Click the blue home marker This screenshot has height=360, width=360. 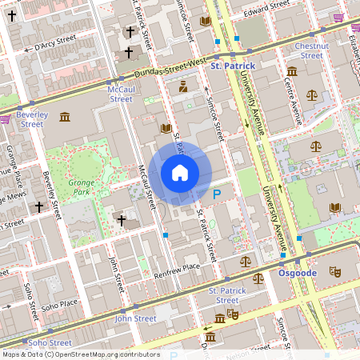(180, 173)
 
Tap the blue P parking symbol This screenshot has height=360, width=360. (216, 193)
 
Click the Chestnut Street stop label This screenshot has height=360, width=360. (311, 50)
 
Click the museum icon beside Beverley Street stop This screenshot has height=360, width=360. (64, 118)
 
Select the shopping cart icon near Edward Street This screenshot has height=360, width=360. (339, 18)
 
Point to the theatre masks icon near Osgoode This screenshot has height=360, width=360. (335, 272)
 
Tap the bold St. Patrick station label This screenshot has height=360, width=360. (232, 66)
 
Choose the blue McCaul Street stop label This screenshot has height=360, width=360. (121, 94)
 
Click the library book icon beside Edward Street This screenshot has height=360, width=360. (206, 21)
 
